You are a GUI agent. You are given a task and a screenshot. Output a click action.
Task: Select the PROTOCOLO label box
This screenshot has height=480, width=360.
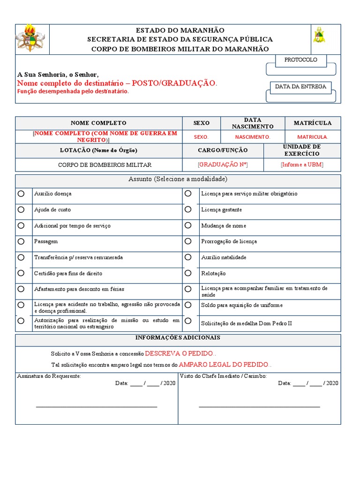[x=301, y=60]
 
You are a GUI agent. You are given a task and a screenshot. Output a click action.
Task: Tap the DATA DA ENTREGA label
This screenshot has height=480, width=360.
[x=300, y=87]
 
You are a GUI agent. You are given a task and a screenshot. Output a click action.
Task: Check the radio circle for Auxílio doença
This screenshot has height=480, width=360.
[x=21, y=194]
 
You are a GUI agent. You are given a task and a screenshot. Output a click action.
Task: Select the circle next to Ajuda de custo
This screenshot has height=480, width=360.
[x=21, y=210]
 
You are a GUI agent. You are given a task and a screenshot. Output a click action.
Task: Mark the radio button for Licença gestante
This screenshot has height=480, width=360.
[x=188, y=210]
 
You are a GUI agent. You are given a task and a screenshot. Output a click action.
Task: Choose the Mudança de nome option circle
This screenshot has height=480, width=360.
[x=188, y=225]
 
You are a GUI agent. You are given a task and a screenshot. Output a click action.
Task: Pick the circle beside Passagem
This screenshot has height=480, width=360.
[x=21, y=241]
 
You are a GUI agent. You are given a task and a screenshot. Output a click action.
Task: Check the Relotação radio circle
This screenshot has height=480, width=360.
[x=188, y=273]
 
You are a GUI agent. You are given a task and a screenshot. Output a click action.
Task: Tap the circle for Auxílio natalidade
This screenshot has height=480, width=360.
[x=188, y=257]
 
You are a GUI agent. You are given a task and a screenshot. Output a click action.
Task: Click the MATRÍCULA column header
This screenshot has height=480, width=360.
[x=313, y=123]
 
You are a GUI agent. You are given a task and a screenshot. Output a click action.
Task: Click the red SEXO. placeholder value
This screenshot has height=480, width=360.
[x=201, y=137]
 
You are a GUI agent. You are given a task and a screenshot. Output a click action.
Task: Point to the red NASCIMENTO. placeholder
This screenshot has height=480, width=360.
[x=253, y=137]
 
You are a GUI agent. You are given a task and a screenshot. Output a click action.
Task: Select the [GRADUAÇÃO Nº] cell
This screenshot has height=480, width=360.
[x=223, y=165]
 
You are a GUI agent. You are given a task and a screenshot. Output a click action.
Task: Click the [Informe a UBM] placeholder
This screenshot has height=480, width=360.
[x=302, y=165]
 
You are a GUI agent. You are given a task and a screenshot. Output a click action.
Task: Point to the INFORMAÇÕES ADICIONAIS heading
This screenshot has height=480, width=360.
[x=178, y=338]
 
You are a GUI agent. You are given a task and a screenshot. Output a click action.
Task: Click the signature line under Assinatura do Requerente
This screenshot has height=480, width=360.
[x=97, y=406]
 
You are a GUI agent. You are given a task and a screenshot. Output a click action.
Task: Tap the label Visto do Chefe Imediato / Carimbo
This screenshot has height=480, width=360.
[x=223, y=376]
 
